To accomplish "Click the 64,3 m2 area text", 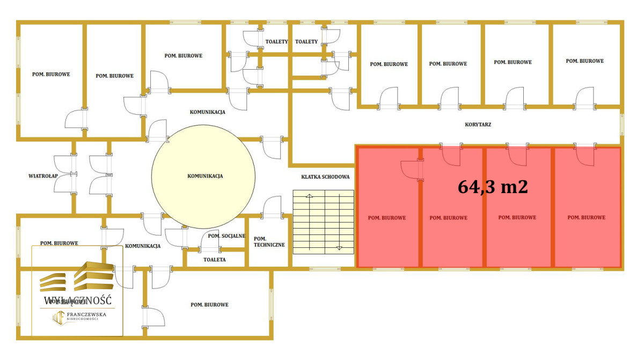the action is pyautogui.click(x=493, y=187).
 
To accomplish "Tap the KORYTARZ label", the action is pyautogui.click(x=478, y=124).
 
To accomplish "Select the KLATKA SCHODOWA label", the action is pyautogui.click(x=325, y=177).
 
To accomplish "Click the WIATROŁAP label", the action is pyautogui.click(x=43, y=176).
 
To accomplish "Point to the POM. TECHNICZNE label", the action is pyautogui.click(x=269, y=242).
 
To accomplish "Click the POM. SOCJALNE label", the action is pyautogui.click(x=226, y=236).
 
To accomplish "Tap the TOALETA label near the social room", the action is pyautogui.click(x=215, y=260).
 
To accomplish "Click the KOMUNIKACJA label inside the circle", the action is pyautogui.click(x=205, y=176).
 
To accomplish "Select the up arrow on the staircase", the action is pyautogui.click(x=309, y=196).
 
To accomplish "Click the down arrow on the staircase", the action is pyautogui.click(x=339, y=248).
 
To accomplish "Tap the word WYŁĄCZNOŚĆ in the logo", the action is pyautogui.click(x=78, y=300).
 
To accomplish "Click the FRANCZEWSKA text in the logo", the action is pyautogui.click(x=86, y=314).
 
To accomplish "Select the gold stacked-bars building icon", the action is pyautogui.click(x=76, y=276).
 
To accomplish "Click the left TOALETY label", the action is pyautogui.click(x=276, y=42).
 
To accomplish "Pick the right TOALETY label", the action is pyautogui.click(x=306, y=42).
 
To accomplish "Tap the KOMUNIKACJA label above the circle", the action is pyautogui.click(x=207, y=112).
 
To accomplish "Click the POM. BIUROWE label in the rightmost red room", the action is pyautogui.click(x=586, y=217).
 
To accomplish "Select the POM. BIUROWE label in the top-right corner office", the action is pyautogui.click(x=585, y=61).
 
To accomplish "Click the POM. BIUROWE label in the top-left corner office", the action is pyautogui.click(x=51, y=74).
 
